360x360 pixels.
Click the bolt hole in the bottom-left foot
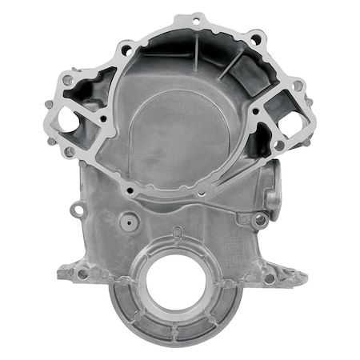point(82,274)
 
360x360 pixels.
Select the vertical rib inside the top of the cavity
point(194,56)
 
